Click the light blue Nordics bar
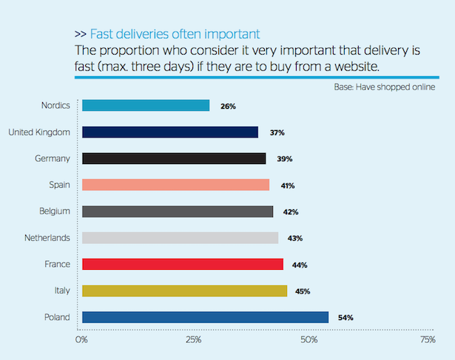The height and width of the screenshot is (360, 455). point(146,106)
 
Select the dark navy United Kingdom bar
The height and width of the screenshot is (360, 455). point(170,132)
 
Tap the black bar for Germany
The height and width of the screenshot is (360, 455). point(174,158)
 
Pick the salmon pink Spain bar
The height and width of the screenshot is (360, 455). point(175,185)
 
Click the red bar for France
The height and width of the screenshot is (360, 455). point(183,264)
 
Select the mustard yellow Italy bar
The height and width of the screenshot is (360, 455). point(184,291)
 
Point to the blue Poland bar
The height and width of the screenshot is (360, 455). point(205,317)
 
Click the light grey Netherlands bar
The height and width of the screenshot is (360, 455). point(180,238)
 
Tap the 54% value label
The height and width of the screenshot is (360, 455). point(346,318)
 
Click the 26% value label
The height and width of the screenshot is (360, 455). point(228,106)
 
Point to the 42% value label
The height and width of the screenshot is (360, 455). point(291,212)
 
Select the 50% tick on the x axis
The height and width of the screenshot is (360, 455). point(309,340)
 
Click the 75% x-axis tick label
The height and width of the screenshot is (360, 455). point(428,340)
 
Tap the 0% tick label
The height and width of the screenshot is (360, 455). point(81,340)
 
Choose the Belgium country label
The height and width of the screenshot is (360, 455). point(54,211)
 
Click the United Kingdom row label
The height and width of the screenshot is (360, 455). point(38,132)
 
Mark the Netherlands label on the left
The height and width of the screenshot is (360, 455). point(46,238)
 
